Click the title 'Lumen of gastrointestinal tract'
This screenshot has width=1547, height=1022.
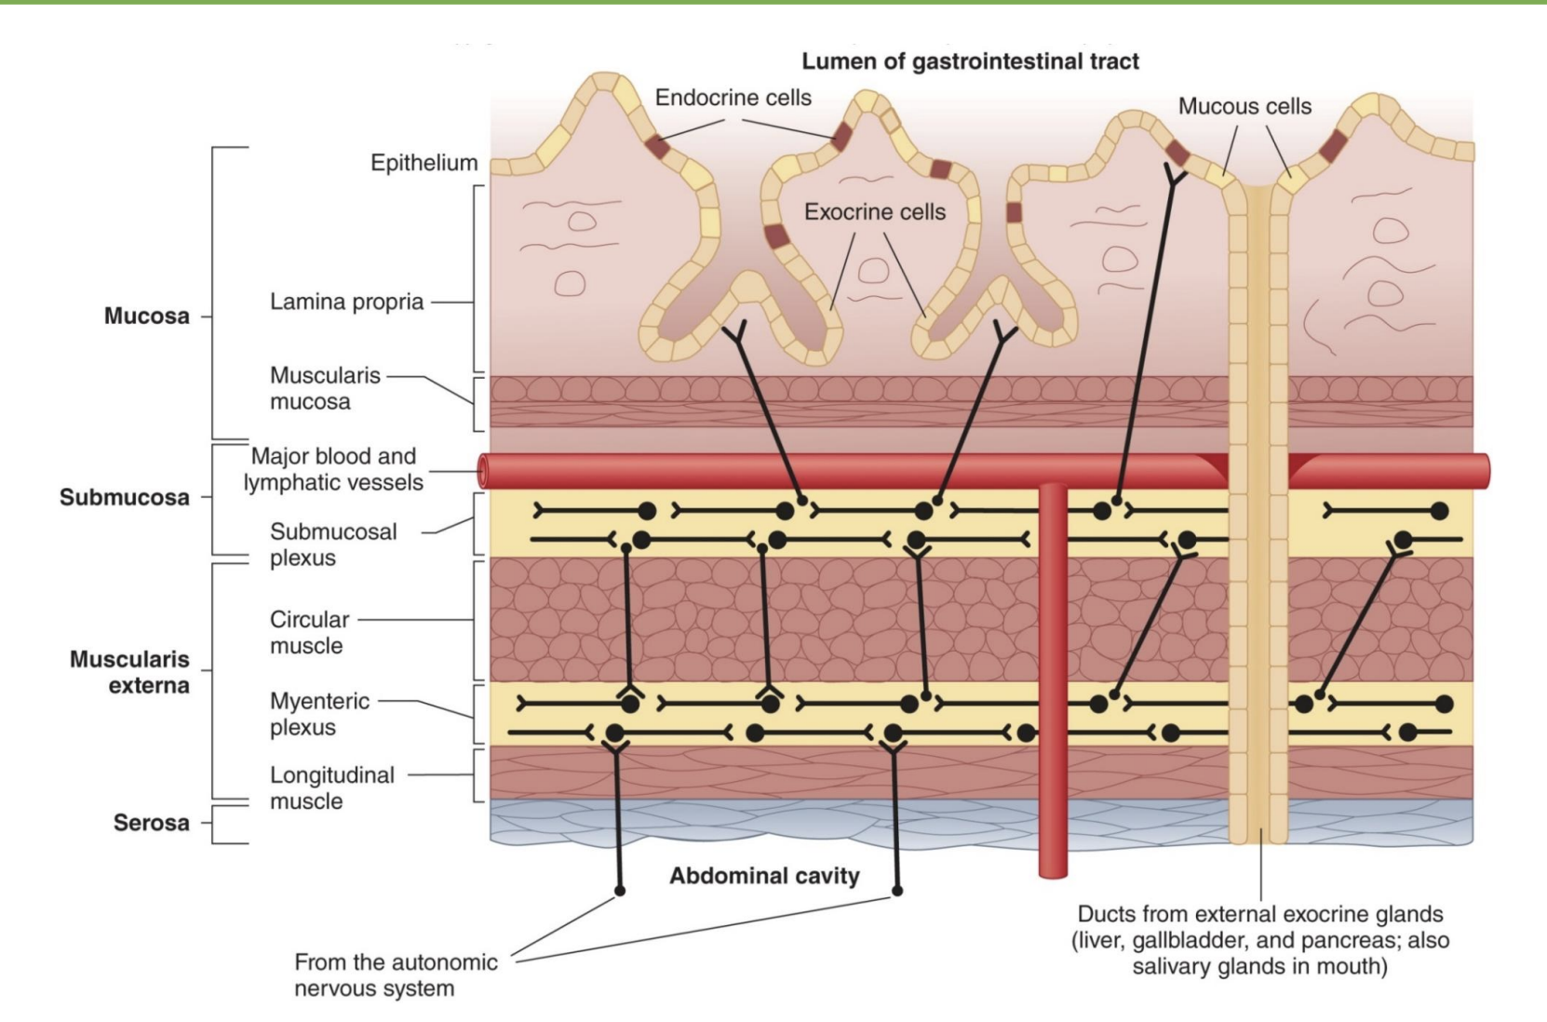click(970, 62)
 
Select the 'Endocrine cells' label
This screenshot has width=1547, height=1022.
click(733, 98)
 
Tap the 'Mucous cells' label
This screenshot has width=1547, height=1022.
click(1244, 107)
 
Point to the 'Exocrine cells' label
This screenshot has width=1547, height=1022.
click(874, 212)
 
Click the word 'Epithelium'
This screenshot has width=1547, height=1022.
click(424, 163)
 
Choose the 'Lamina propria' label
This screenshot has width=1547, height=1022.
click(346, 302)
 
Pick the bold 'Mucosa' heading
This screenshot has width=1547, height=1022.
click(146, 316)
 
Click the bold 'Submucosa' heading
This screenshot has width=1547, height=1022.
click(124, 497)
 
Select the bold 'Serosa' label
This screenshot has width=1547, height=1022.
click(151, 823)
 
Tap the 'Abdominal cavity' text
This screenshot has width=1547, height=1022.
click(764, 876)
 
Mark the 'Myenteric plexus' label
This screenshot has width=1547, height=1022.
click(318, 714)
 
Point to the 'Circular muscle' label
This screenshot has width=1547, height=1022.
click(309, 632)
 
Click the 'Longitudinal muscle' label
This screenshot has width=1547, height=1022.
click(331, 787)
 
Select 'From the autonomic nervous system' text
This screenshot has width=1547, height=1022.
click(396, 975)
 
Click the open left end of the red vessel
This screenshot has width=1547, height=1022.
click(483, 472)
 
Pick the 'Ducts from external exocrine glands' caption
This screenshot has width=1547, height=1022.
click(1259, 940)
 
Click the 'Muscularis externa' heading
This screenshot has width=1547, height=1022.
click(130, 672)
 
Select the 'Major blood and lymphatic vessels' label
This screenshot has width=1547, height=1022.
click(333, 469)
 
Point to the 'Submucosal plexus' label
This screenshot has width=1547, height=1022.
click(332, 545)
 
